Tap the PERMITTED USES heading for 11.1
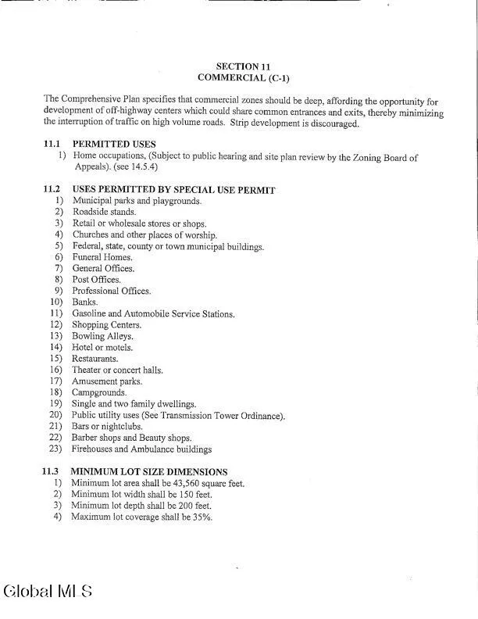pos(114,145)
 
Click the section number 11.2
pos(52,190)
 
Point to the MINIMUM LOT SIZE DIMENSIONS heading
pos(149,472)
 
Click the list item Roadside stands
pos(104,213)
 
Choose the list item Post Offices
pos(97,280)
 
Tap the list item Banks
pos(85,302)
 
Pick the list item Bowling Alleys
pos(102,336)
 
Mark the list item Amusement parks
pos(107,381)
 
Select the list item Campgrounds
pos(99,392)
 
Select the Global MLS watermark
pos(48,591)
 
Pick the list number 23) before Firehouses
pos(55,449)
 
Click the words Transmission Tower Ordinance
pos(222,416)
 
